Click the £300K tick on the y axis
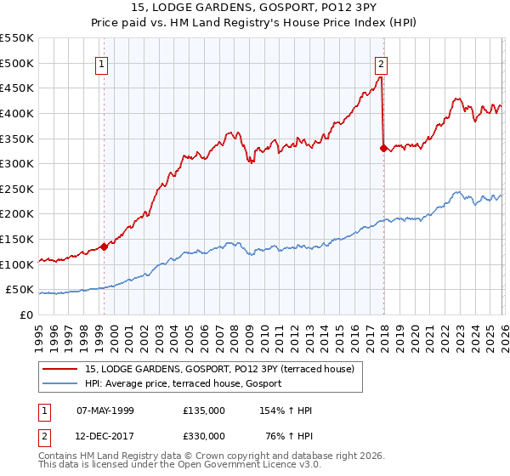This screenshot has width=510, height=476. (x=17, y=163)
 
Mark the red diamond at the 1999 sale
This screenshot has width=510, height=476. (x=104, y=247)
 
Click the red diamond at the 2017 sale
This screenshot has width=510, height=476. (x=383, y=148)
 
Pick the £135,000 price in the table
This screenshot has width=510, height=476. (x=204, y=411)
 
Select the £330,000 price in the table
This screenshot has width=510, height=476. (x=204, y=436)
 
